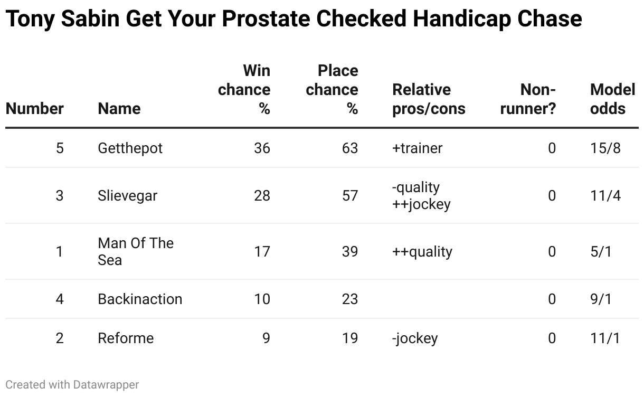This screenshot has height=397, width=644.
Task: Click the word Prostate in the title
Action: pos(266,19)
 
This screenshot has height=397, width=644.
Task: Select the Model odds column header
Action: pos(612,99)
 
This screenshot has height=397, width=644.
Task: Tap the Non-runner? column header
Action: pos(528,99)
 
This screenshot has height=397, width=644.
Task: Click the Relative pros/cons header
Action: pos(429,99)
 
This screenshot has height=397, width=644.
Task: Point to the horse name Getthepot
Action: pos(130,148)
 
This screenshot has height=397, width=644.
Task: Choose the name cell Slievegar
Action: pos(127,196)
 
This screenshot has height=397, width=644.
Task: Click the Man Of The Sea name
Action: pos(136,251)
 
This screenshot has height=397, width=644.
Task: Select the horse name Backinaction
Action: pos(140,299)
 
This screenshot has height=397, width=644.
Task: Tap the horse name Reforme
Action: pos(126,338)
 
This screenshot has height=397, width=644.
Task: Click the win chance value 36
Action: pos(262,148)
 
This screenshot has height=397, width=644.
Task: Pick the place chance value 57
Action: pos(350,196)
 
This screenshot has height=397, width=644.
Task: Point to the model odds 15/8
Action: pos(605,148)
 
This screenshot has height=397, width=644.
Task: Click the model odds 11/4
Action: pos(605,196)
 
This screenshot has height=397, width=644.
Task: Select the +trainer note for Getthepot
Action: pos(417,148)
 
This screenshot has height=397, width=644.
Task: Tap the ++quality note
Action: pos(422,252)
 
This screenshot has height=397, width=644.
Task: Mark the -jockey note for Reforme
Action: pos(415,338)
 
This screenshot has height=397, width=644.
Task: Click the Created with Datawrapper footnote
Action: pos(72,385)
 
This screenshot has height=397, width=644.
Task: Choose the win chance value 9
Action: pos(266,338)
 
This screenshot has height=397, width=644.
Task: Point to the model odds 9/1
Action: pos(601,299)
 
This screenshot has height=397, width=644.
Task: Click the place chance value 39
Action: pos(350,251)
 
